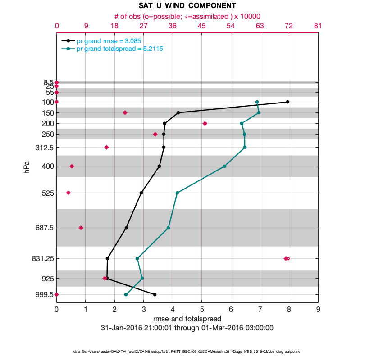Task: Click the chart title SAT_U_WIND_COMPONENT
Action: pyautogui.click(x=187, y=6)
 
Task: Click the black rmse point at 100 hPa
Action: pyautogui.click(x=287, y=102)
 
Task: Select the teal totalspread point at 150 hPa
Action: pyautogui.click(x=259, y=112)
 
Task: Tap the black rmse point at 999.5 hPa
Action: pyautogui.click(x=155, y=294)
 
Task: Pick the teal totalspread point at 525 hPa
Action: pyautogui.click(x=177, y=193)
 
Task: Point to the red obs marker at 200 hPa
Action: pyautogui.click(x=205, y=123)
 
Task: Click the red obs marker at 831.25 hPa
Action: pyautogui.click(x=286, y=258)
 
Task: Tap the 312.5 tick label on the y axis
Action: pyautogui.click(x=45, y=147)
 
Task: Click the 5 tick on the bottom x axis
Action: pyautogui.click(x=202, y=310)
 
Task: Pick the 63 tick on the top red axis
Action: pyautogui.click(x=260, y=26)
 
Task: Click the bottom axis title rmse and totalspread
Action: pyautogui.click(x=187, y=319)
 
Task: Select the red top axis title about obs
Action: pyautogui.click(x=187, y=16)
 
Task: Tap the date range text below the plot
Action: pyautogui.click(x=187, y=328)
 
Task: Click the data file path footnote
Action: pyautogui.click(x=187, y=351)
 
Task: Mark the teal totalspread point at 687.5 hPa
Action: pyautogui.click(x=168, y=228)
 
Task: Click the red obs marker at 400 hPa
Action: pyautogui.click(x=72, y=166)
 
